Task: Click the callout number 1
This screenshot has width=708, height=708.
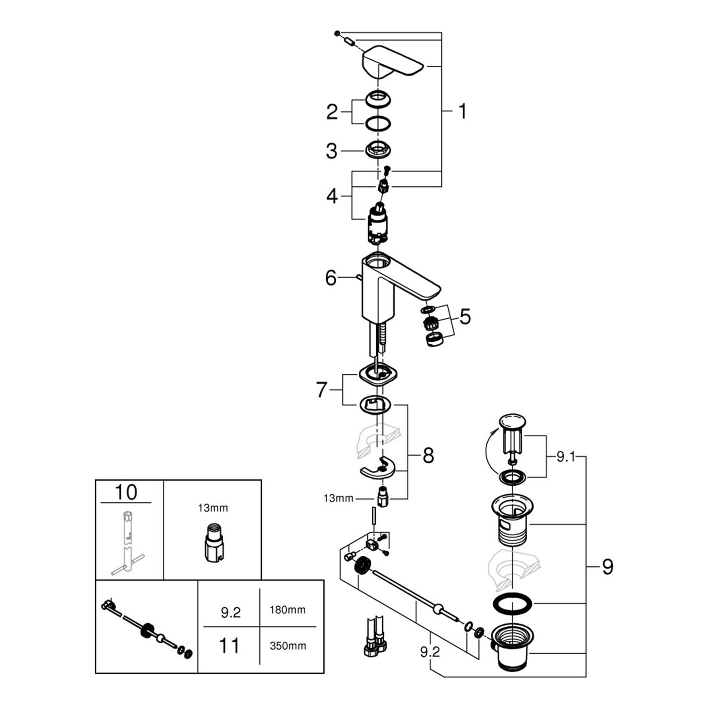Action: click(462, 112)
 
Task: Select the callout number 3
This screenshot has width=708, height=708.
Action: click(331, 151)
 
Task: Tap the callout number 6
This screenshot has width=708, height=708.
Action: click(331, 278)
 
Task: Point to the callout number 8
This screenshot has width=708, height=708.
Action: click(428, 455)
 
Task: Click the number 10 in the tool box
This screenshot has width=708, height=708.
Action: click(126, 492)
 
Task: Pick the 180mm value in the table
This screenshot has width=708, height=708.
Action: click(288, 610)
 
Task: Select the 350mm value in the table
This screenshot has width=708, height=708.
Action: click(288, 646)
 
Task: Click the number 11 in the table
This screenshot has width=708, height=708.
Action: click(229, 646)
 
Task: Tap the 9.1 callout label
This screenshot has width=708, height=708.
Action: click(566, 457)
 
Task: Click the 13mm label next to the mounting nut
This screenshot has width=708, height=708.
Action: click(339, 498)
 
